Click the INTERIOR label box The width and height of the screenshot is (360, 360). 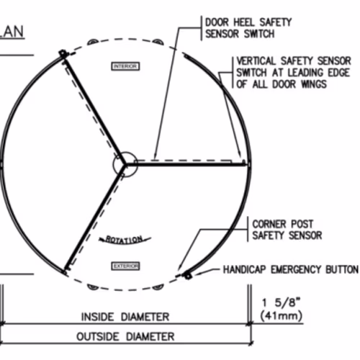125,66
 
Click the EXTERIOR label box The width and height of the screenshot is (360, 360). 125,266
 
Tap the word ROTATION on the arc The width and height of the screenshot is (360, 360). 124,240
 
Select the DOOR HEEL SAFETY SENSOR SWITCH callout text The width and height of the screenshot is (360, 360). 248,28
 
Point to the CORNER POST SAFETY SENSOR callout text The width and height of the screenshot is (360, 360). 287,230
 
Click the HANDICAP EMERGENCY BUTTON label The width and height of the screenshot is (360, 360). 291,269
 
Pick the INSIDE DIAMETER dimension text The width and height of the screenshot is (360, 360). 125,317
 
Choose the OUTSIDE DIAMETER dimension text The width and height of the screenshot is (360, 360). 125,336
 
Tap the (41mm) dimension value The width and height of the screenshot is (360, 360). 281,315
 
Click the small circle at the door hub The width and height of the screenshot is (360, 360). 125,164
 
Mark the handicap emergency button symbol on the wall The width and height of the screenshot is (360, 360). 187,276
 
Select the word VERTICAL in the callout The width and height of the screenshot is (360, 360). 256,61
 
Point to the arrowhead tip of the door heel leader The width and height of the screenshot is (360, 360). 155,159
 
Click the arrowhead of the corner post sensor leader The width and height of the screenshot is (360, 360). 178,270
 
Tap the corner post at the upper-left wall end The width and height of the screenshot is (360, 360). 63,54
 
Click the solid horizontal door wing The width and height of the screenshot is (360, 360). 186,164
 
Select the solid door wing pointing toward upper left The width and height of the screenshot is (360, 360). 94,110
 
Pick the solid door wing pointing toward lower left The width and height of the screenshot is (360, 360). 95,217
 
